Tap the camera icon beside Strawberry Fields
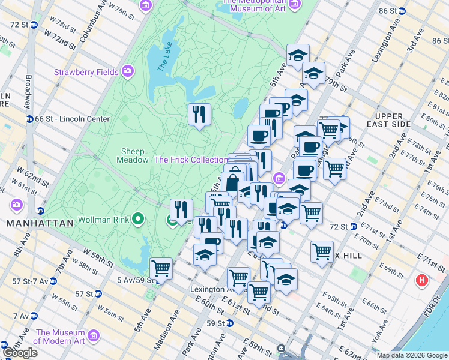[128, 72]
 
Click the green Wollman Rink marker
[138, 219]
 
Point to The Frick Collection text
[190, 160]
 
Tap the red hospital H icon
[422, 280]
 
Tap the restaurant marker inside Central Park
[199, 114]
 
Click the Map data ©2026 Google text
[411, 355]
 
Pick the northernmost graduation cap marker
[298, 55]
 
